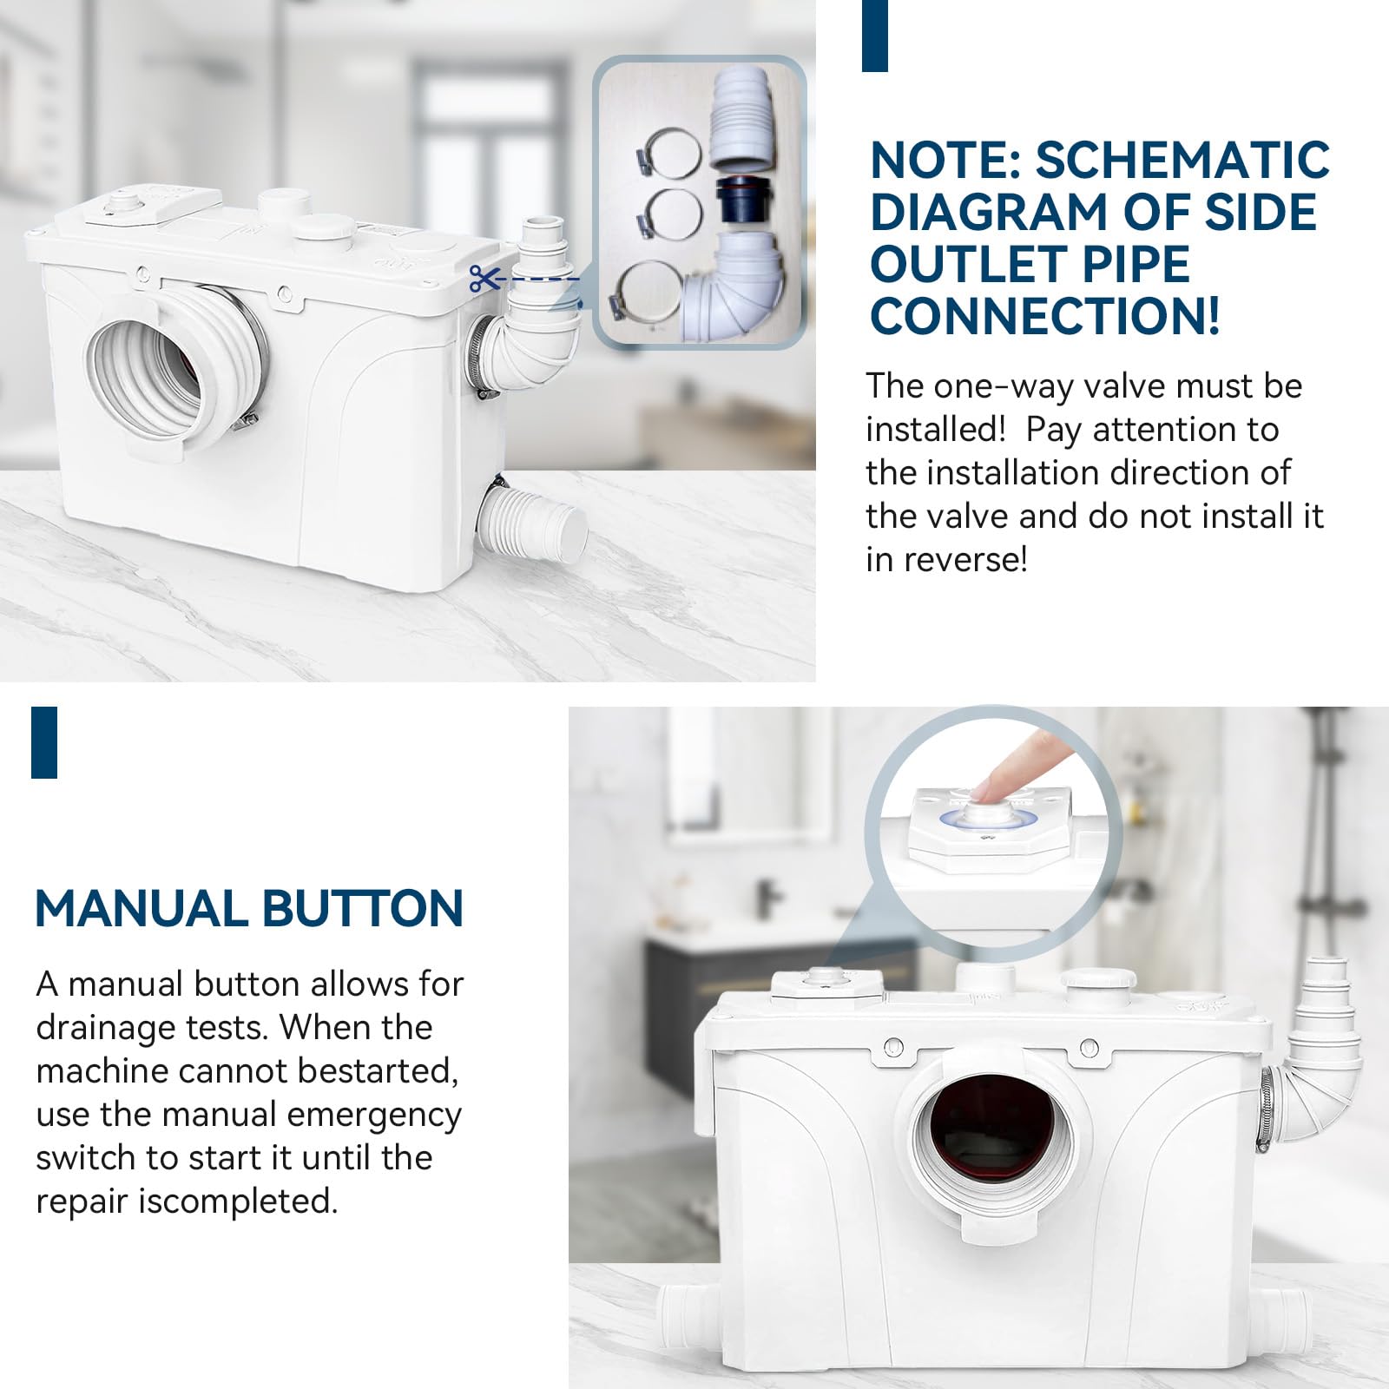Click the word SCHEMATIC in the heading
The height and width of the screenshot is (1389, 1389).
click(x=1182, y=161)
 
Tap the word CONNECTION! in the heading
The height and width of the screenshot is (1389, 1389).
click(x=1045, y=316)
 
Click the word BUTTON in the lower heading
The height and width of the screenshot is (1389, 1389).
click(x=363, y=909)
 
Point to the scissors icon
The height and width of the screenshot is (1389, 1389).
click(x=485, y=279)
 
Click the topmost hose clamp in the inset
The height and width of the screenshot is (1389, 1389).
click(x=673, y=152)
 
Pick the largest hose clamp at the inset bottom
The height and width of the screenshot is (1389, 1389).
click(x=646, y=290)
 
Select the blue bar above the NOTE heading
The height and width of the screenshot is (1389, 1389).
click(x=875, y=36)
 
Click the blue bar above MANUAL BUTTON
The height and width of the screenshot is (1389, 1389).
click(x=44, y=742)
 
